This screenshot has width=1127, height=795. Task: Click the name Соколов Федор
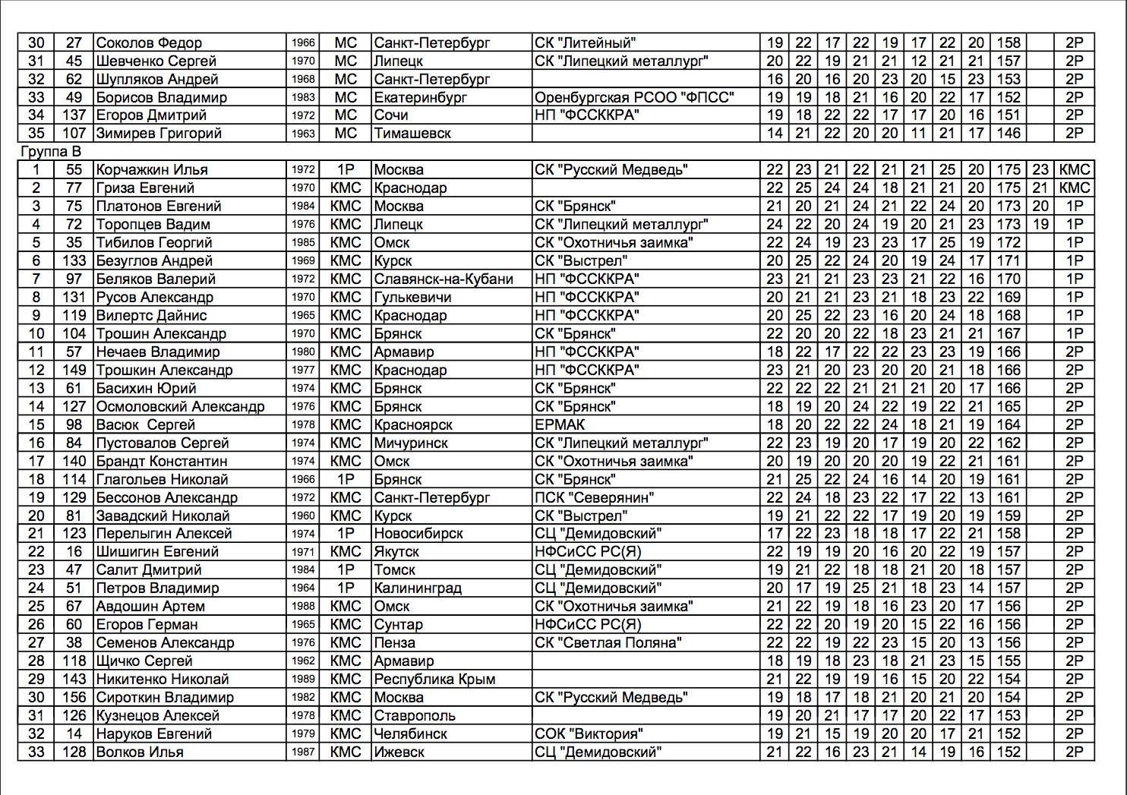pyautogui.click(x=149, y=43)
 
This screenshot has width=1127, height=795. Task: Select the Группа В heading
pyautogui.click(x=50, y=152)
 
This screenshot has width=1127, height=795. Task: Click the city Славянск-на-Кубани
pyautogui.click(x=444, y=279)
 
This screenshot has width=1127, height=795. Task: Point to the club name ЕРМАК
pyautogui.click(x=560, y=425)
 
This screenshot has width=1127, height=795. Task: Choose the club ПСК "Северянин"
pyautogui.click(x=594, y=498)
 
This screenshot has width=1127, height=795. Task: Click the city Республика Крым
pyautogui.click(x=434, y=680)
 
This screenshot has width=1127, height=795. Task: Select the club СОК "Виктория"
pyautogui.click(x=589, y=734)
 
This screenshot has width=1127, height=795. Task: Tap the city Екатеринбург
pyautogui.click(x=420, y=98)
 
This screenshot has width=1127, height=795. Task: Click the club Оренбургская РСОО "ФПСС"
pyautogui.click(x=634, y=98)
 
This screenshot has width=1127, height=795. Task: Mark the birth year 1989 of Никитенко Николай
pyautogui.click(x=303, y=680)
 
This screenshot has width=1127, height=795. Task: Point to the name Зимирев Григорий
pyautogui.click(x=159, y=134)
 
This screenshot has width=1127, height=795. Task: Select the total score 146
pyautogui.click(x=1009, y=134)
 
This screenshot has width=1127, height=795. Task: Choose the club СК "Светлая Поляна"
pyautogui.click(x=608, y=643)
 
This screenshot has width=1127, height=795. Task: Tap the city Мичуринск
pyautogui.click(x=411, y=443)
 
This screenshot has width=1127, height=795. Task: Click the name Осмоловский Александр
pyautogui.click(x=180, y=407)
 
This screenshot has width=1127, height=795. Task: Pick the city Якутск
pyautogui.click(x=396, y=552)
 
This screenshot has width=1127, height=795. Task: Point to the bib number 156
pyautogui.click(x=74, y=698)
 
